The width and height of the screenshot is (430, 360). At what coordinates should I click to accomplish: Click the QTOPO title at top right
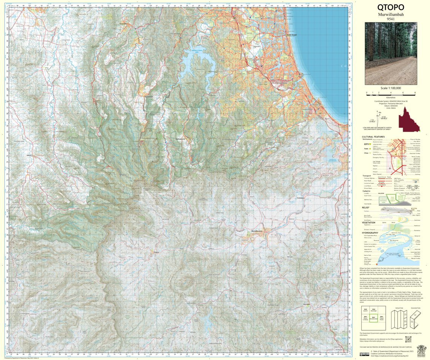click(390, 8)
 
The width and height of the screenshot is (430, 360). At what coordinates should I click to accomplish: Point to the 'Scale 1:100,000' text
click(391, 88)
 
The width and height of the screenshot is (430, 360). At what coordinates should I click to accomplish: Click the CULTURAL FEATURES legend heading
click(373, 137)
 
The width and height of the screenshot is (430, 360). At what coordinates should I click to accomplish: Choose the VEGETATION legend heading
click(368, 222)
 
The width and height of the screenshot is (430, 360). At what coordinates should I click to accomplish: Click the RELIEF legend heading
click(365, 207)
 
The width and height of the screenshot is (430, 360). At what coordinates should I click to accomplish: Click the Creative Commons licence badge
click(364, 354)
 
